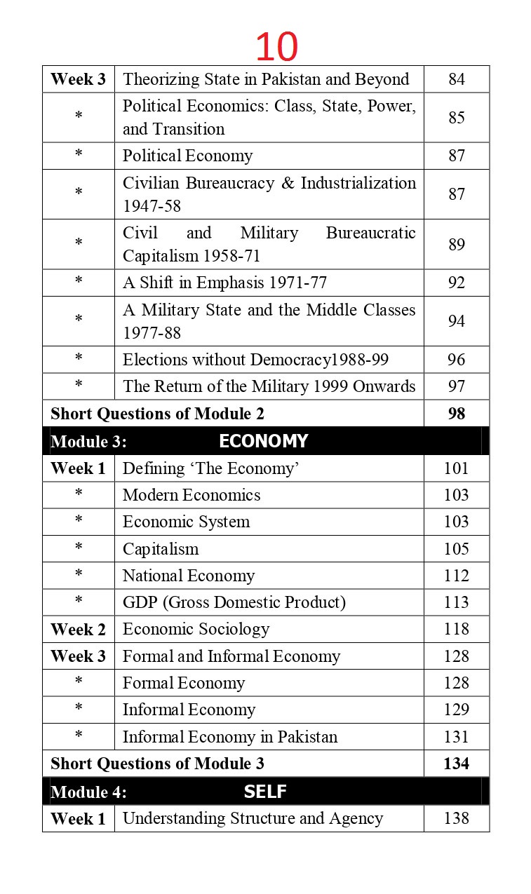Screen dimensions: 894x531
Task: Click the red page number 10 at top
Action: click(276, 47)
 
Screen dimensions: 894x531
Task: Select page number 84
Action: click(457, 79)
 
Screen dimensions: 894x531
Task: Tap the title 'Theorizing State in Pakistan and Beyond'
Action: click(266, 79)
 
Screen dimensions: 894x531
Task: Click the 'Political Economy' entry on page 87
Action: click(187, 156)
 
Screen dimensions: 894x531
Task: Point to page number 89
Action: click(457, 244)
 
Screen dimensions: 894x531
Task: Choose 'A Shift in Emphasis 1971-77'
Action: click(224, 283)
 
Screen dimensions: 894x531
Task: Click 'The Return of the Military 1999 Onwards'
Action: click(269, 386)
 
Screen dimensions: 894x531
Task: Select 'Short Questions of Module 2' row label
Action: click(157, 414)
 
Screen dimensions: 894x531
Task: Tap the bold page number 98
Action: click(457, 414)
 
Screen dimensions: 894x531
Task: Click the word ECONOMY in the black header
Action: click(263, 441)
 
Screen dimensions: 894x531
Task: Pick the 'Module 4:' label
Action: click(88, 792)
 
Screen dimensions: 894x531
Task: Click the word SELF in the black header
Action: click(265, 792)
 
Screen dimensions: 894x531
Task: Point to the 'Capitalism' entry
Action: click(161, 549)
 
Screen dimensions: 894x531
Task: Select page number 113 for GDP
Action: click(457, 602)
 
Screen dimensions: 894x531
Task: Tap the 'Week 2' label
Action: click(78, 630)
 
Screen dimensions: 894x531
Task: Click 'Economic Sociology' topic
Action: click(196, 629)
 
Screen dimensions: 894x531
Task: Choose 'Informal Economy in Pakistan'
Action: click(230, 737)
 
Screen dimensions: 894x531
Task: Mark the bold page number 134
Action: click(457, 764)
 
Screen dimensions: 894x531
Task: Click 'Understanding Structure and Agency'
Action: click(253, 818)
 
